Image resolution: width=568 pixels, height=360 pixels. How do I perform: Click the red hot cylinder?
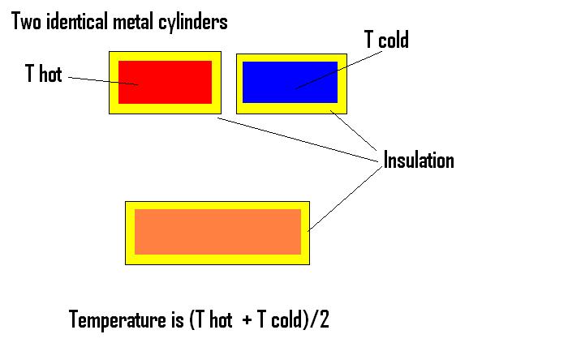click(x=165, y=82)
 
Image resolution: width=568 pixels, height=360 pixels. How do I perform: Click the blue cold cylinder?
click(x=290, y=82)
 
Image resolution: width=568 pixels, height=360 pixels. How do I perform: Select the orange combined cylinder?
click(x=217, y=232)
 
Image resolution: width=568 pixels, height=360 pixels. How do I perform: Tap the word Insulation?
click(x=419, y=160)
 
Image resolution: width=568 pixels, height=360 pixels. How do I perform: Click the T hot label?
click(x=44, y=75)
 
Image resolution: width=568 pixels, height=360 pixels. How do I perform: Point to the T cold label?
click(x=385, y=40)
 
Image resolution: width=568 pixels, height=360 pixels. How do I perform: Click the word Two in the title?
click(x=25, y=22)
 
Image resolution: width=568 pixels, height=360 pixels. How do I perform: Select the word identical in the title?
click(x=75, y=22)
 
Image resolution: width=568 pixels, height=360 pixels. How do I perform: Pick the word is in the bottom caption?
click(x=175, y=319)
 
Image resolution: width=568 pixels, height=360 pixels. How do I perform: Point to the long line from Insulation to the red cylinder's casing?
click(x=300, y=140)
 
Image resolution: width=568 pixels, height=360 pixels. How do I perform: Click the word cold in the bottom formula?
click(x=284, y=319)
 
